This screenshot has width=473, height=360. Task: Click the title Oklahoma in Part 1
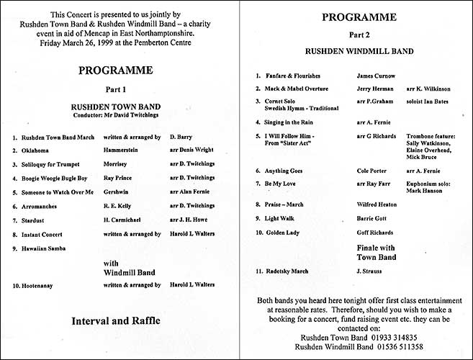coord(37,150)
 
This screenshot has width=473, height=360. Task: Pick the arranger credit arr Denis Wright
coord(192,150)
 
